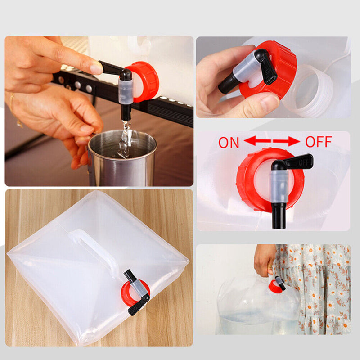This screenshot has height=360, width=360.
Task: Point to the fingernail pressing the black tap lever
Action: click(96, 68)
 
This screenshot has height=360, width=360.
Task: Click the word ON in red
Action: click(229, 143)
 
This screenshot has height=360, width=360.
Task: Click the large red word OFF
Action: click(318, 142)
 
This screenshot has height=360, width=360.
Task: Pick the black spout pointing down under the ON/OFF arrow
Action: click(279, 215)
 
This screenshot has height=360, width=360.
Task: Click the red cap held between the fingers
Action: click(281, 67)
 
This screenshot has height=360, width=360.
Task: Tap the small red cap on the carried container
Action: click(273, 285)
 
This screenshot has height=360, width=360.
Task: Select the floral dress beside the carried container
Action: click(324, 288)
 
